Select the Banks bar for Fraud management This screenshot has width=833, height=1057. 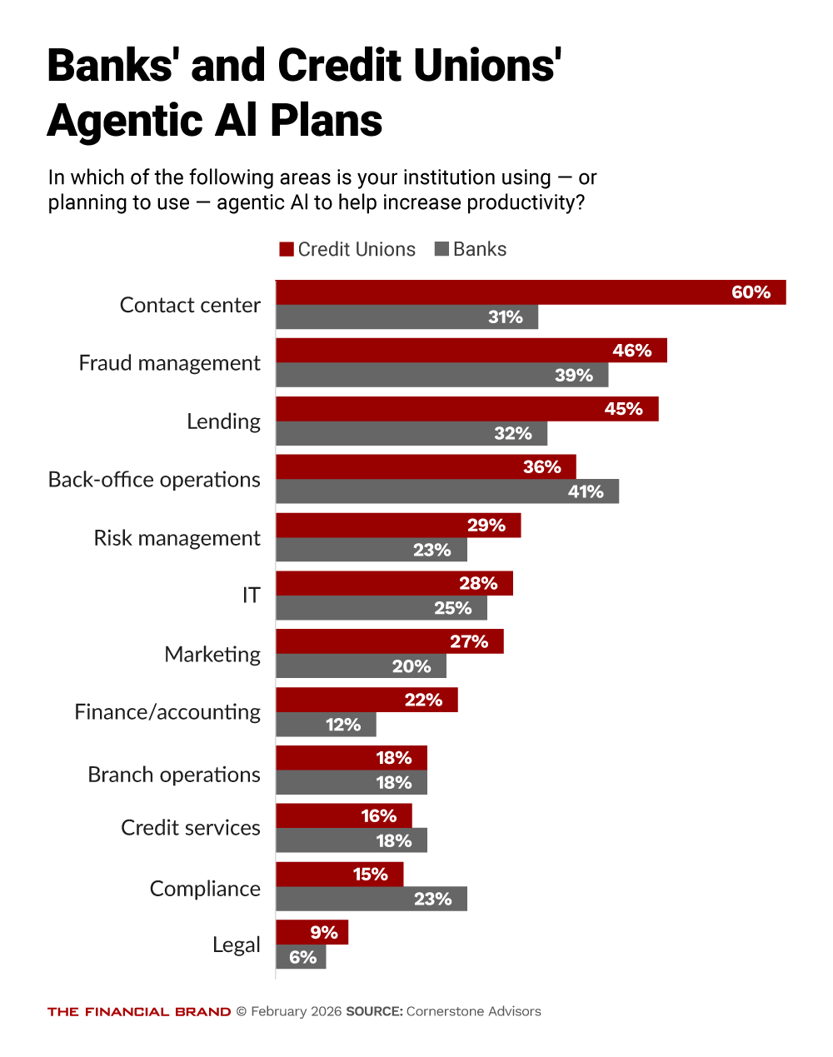pyautogui.click(x=441, y=375)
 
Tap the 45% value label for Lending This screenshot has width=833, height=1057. pyautogui.click(x=623, y=409)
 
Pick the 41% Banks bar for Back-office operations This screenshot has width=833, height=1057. pyautogui.click(x=447, y=491)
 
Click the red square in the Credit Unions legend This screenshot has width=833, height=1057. pyautogui.click(x=287, y=249)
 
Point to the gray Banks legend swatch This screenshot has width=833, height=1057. pyautogui.click(x=442, y=249)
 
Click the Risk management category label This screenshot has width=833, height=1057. pyautogui.click(x=177, y=538)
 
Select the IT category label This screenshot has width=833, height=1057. pyautogui.click(x=251, y=596)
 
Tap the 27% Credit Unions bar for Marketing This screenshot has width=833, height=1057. pyautogui.click(x=389, y=641)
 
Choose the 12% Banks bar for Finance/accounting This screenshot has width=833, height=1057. pyautogui.click(x=326, y=725)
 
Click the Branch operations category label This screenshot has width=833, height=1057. pyautogui.click(x=174, y=775)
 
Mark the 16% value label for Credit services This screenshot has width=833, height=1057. pyautogui.click(x=378, y=816)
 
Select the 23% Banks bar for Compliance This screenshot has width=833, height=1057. pyautogui.click(x=371, y=899)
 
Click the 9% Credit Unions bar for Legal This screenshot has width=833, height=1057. pyautogui.click(x=312, y=932)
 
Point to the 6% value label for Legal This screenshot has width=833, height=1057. pyautogui.click(x=302, y=957)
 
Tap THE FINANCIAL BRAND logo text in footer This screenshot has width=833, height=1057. pyautogui.click(x=139, y=1012)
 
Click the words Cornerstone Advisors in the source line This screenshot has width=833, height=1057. pyautogui.click(x=473, y=1011)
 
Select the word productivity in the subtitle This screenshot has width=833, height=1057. pyautogui.click(x=520, y=202)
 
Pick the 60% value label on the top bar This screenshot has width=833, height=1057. pyautogui.click(x=751, y=292)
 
